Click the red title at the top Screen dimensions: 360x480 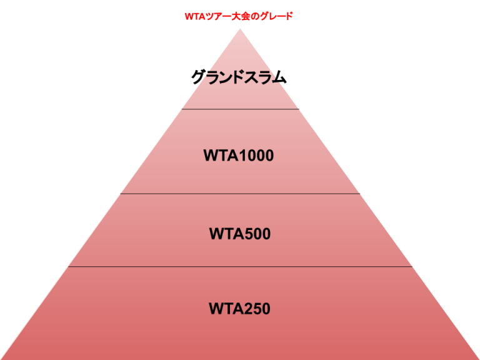point(238,16)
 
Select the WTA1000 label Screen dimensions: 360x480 point(239,156)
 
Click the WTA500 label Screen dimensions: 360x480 point(240,234)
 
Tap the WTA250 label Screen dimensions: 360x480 point(240,309)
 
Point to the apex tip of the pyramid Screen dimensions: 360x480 point(241,29)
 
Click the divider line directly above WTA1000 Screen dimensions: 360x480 point(241,109)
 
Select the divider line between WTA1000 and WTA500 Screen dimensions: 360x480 point(241,194)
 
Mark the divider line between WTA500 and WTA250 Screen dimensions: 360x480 point(241,266)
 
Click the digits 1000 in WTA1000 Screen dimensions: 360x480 point(256,156)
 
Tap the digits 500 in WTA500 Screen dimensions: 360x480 point(257,234)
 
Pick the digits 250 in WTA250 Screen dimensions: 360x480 point(257,309)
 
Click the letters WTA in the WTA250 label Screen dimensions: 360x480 point(222,309)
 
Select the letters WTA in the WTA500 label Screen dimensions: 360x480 point(223,234)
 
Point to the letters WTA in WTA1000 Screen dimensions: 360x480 point(217,156)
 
